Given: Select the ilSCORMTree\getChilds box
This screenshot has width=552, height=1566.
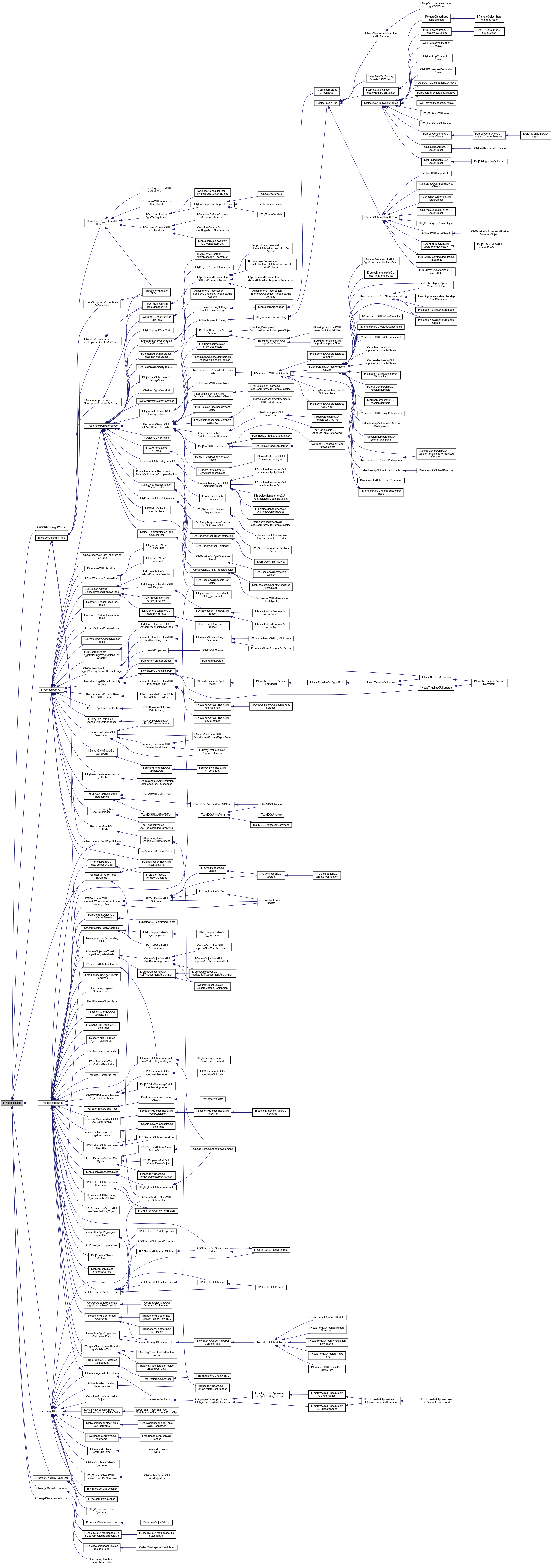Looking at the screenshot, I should [51, 527].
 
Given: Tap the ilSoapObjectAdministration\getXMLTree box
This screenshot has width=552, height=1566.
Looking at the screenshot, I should [436, 5].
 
